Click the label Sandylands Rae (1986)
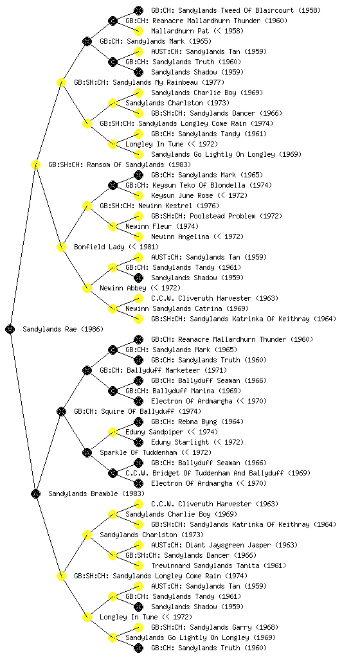click(63, 329)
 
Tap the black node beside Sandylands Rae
click(10, 329)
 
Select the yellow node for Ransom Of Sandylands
click(35, 164)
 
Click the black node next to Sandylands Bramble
click(35, 493)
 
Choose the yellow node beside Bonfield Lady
click(61, 247)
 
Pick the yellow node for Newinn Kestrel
click(87, 206)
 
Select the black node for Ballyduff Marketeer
click(87, 370)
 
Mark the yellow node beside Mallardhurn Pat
click(138, 31)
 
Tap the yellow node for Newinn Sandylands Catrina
click(113, 308)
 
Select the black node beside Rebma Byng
click(138, 422)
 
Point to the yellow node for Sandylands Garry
click(138, 627)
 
